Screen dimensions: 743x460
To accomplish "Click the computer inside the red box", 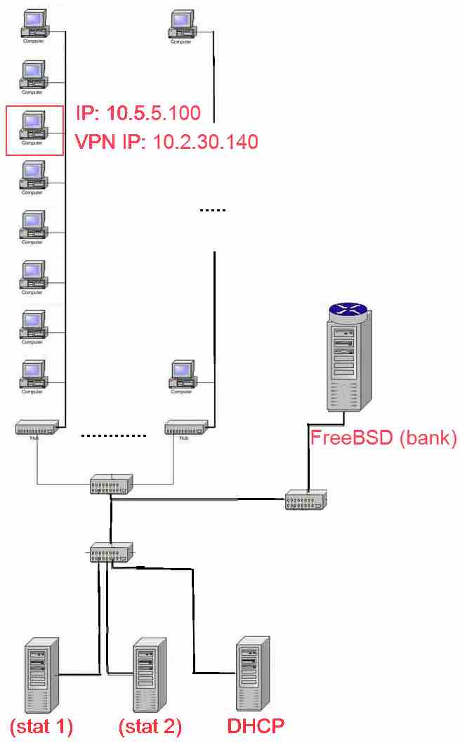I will click(x=33, y=126).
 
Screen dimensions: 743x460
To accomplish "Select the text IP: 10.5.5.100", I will click(x=138, y=112).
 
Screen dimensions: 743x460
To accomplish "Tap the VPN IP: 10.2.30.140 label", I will click(x=166, y=142).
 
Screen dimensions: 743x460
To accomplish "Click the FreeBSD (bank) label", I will click(x=383, y=439).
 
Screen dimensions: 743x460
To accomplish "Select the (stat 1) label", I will click(x=41, y=725).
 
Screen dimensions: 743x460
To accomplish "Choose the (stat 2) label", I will click(x=150, y=725).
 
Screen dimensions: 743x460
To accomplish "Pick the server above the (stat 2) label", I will click(x=150, y=674).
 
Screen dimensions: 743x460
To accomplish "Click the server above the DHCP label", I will click(x=253, y=674).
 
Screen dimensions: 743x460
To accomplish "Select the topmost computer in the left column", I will click(x=33, y=26).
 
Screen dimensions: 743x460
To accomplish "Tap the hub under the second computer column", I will click(x=185, y=426).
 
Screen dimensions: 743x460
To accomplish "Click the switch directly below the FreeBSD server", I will click(x=305, y=499).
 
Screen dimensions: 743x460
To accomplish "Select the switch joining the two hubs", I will click(x=111, y=485).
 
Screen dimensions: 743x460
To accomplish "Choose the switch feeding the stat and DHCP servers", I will click(x=110, y=553).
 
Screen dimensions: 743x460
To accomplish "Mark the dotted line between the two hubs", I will click(x=113, y=435).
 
